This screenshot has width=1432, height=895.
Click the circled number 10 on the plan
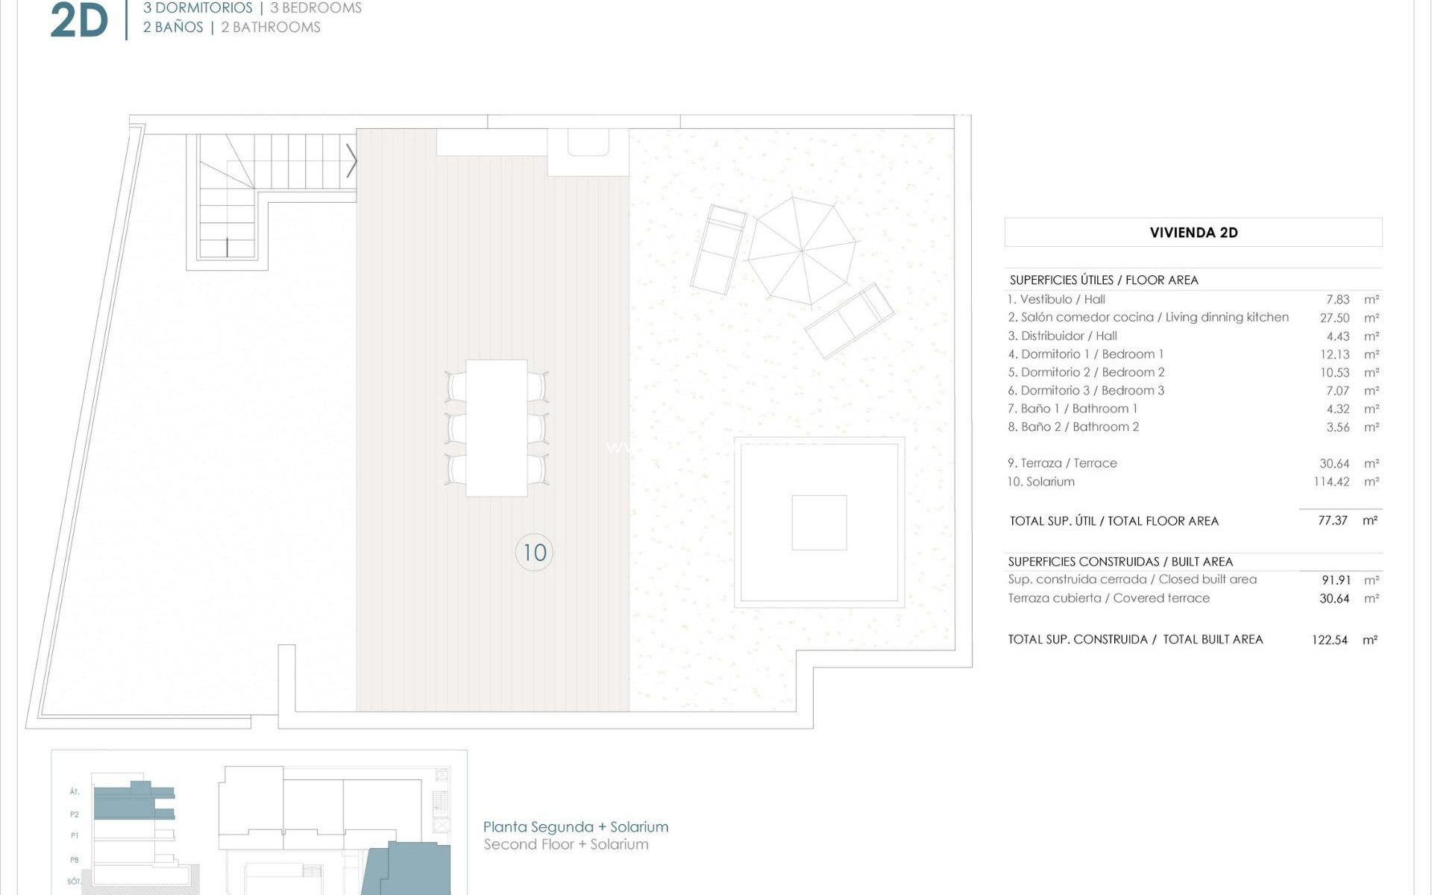[x=534, y=553]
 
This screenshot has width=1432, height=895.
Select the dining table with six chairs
[x=497, y=428]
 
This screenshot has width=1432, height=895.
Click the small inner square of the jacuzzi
[x=819, y=522]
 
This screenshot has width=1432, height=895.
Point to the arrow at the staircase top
[x=351, y=160]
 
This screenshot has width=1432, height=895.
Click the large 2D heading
[x=79, y=21]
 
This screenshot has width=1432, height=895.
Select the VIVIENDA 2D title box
[x=1193, y=233]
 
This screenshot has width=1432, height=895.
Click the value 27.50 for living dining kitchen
[x=1334, y=318]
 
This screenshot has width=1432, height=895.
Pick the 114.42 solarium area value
[x=1331, y=482]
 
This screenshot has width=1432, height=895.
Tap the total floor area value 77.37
[x=1333, y=521]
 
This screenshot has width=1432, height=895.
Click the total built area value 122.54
[x=1330, y=640]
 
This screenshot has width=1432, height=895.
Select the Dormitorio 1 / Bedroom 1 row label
[x=1085, y=354]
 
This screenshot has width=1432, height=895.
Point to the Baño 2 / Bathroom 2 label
[x=1073, y=427]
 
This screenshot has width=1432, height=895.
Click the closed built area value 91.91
[x=1335, y=580]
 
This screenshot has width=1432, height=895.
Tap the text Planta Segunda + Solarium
[x=576, y=826]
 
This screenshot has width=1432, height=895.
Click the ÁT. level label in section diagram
[x=75, y=792]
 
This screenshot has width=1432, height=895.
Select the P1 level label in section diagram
[x=75, y=836]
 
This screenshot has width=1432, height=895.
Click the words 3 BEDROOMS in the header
[x=316, y=8]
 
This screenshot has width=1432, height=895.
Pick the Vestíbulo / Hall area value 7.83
[x=1337, y=300]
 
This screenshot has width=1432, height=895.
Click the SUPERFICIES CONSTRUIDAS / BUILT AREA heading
[x=1120, y=562]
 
